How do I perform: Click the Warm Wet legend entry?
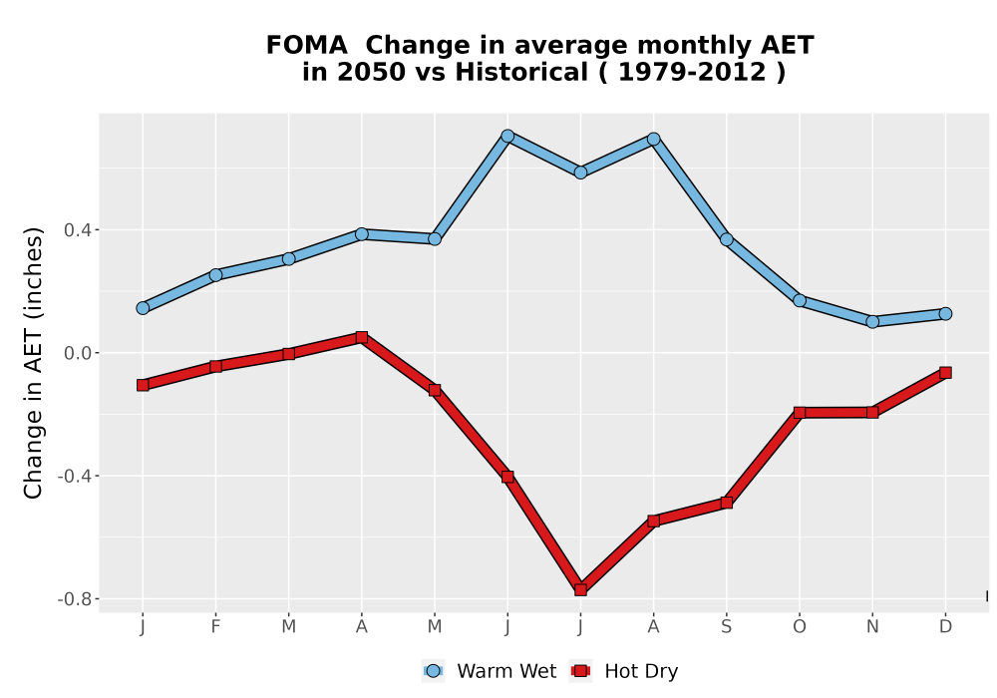[489, 671]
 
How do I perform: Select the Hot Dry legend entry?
[624, 671]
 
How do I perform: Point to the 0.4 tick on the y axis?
[77, 230]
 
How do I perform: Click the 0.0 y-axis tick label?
[77, 353]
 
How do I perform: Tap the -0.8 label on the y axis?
[75, 599]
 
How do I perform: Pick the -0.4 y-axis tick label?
[75, 477]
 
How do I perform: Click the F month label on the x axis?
[215, 627]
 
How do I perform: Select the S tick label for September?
[726, 627]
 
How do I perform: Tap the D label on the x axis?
[945, 627]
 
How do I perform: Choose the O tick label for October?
[800, 627]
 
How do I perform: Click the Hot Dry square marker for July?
[580, 590]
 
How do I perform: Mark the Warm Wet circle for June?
[507, 136]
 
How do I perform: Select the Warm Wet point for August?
[654, 139]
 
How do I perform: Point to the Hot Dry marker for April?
[362, 337]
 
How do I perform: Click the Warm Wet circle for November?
[872, 322]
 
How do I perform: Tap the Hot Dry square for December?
[945, 373]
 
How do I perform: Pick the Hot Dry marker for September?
[726, 503]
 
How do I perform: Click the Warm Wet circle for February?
[215, 274]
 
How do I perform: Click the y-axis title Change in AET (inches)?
[33, 363]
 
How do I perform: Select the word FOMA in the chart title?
[306, 46]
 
